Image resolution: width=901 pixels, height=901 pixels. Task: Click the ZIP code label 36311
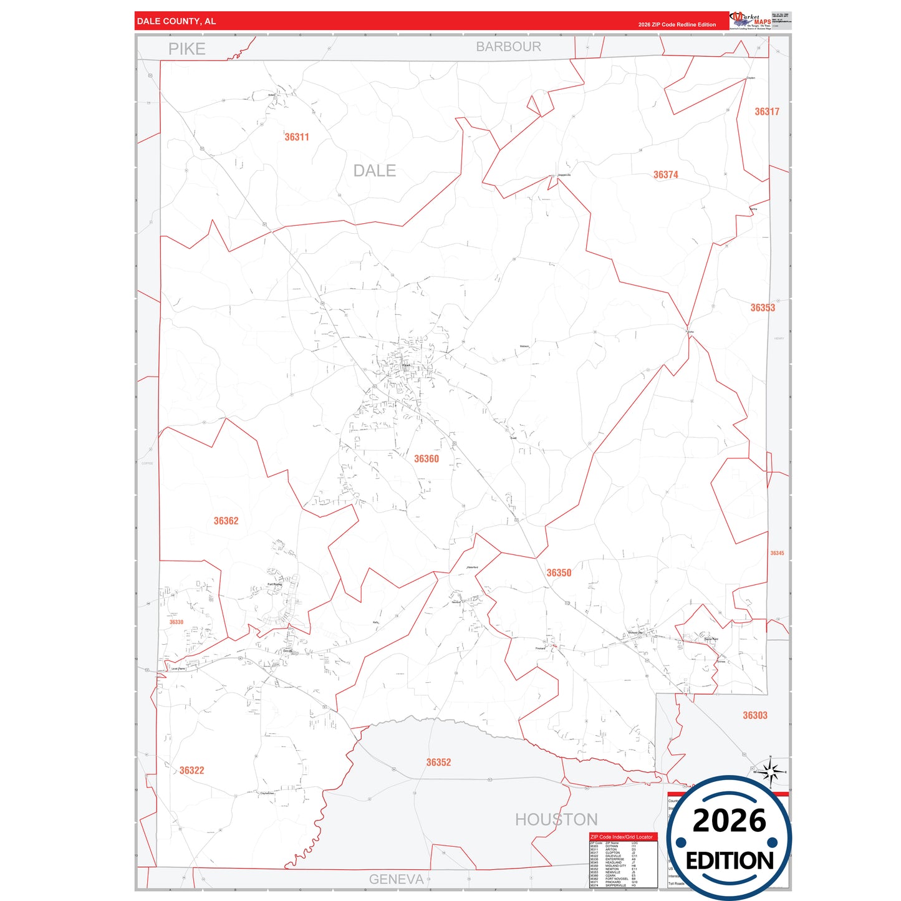click(x=297, y=137)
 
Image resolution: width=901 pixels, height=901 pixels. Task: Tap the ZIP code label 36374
click(x=665, y=175)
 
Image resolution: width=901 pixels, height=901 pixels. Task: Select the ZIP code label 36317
click(x=767, y=112)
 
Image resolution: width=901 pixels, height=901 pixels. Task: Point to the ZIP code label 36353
click(x=763, y=308)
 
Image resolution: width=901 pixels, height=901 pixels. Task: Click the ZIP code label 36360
click(x=426, y=459)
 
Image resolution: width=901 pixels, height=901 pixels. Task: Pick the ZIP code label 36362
click(x=226, y=521)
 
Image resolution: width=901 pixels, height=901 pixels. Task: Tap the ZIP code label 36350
click(x=559, y=573)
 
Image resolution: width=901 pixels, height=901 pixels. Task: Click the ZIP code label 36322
click(x=191, y=771)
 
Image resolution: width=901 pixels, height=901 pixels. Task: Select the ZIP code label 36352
click(x=438, y=763)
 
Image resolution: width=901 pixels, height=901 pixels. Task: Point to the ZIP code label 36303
click(x=754, y=716)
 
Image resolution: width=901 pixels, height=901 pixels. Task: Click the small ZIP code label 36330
click(x=176, y=622)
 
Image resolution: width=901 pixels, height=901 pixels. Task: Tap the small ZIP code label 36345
click(x=777, y=553)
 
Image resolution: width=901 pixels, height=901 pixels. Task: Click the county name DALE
click(x=374, y=171)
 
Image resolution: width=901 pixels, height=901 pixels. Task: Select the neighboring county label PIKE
click(x=186, y=49)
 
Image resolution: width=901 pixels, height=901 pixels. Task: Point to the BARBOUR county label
click(x=508, y=47)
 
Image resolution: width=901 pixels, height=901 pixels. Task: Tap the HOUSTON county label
click(x=556, y=820)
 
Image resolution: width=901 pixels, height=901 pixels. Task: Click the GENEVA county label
click(x=396, y=879)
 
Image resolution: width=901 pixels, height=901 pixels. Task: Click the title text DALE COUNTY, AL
click(x=176, y=21)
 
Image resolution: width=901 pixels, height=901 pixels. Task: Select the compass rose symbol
click(x=771, y=774)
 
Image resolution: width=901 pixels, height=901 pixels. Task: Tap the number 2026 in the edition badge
click(x=729, y=821)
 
